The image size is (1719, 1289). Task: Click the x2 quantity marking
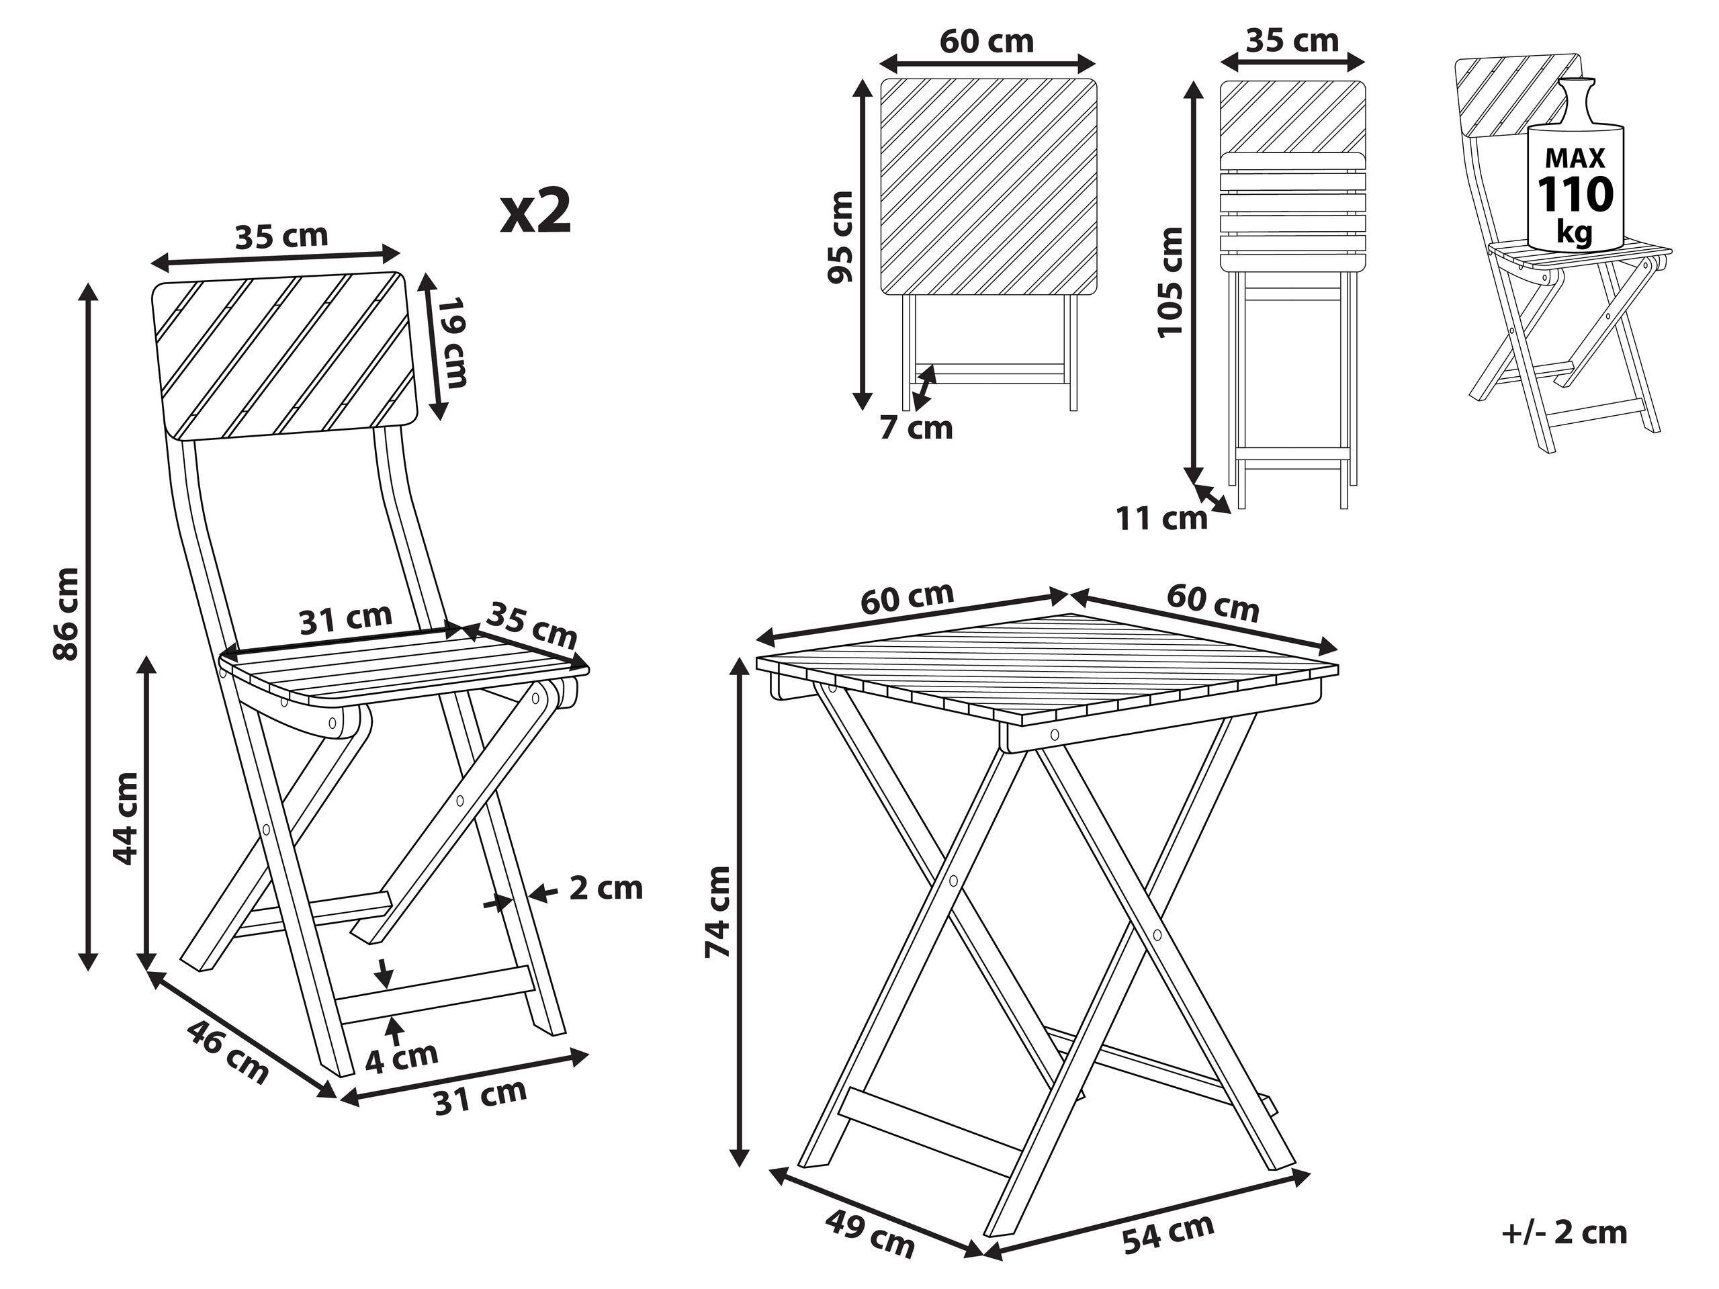tap(535, 212)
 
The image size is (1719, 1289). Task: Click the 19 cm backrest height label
tap(452, 342)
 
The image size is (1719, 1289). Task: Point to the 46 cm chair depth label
tap(228, 1051)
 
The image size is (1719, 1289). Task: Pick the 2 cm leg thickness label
tap(605, 888)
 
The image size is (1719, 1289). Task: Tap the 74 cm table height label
tap(718, 912)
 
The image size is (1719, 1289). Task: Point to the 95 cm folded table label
tap(841, 238)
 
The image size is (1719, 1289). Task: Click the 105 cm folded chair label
tap(1170, 281)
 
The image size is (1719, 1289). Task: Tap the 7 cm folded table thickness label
tap(916, 428)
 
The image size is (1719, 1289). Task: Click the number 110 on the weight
tap(1575, 195)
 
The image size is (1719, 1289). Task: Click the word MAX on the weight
tap(1575, 159)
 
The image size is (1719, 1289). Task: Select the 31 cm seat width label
tap(346, 619)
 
